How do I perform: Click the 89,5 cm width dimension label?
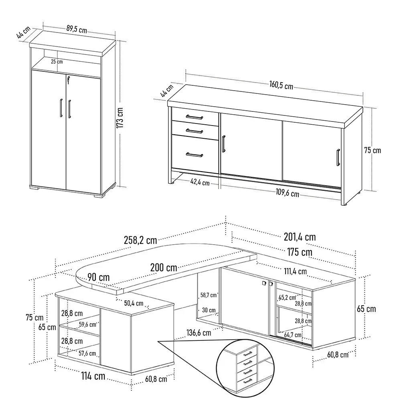[x=77, y=29]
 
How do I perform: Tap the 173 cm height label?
[x=120, y=118]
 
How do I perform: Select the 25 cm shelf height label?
[x=57, y=62]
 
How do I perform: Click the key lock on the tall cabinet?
[x=68, y=80]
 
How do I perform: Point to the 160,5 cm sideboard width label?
[x=281, y=85]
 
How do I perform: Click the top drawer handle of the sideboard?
[x=194, y=117]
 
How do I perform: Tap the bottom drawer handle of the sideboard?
[x=194, y=155]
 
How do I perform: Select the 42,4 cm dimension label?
[x=200, y=182]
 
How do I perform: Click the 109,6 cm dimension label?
[x=287, y=192]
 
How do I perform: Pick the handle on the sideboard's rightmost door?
[x=338, y=158]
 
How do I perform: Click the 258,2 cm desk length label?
[x=140, y=240]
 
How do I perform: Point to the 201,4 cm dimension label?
[x=300, y=237]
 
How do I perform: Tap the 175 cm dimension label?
[x=300, y=252]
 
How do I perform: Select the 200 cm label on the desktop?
[x=164, y=267]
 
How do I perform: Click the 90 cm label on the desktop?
[x=99, y=277]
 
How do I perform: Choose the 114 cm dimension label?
[x=93, y=376]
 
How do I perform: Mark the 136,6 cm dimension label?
[x=199, y=333]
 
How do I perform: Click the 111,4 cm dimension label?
[x=296, y=271]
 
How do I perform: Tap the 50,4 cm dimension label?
[x=134, y=303]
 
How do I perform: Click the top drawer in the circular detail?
[x=246, y=354]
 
